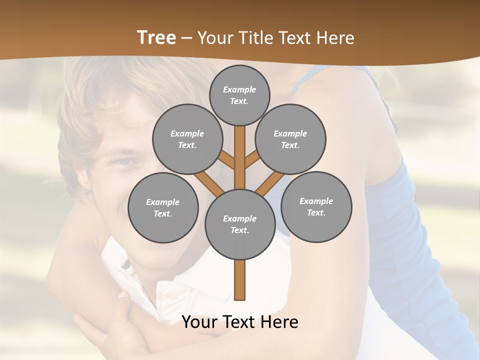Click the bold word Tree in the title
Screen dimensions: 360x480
tap(156, 38)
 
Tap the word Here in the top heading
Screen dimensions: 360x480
tap(335, 38)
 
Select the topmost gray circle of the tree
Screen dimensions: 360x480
tap(239, 95)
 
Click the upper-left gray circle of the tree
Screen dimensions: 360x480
tap(187, 139)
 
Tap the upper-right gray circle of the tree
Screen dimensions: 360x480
tap(290, 139)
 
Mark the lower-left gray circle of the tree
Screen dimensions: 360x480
tap(163, 207)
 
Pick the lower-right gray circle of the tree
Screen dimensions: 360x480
tap(316, 206)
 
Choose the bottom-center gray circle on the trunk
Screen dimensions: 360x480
tap(239, 224)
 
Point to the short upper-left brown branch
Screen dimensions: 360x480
tap(226, 159)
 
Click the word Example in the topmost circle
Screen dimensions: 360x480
tap(239, 89)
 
